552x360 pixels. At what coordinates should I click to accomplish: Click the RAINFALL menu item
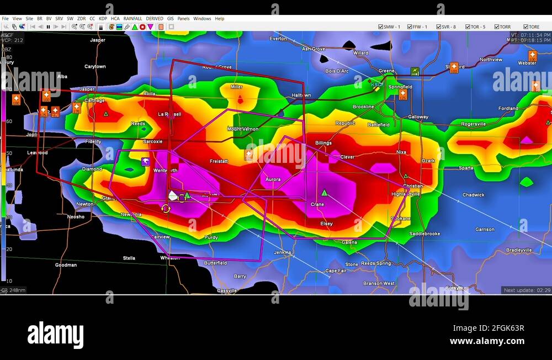pyautogui.click(x=132, y=19)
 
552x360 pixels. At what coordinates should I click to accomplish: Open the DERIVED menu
pyautogui.click(x=155, y=19)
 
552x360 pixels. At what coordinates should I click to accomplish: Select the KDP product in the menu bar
pyautogui.click(x=103, y=19)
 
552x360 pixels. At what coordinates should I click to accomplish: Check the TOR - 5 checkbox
pyautogui.click(x=468, y=27)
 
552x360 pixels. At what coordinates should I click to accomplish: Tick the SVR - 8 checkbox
pyautogui.click(x=439, y=27)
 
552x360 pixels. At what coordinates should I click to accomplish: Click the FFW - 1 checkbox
pyautogui.click(x=410, y=27)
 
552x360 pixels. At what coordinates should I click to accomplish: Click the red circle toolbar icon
pyautogui.click(x=142, y=27)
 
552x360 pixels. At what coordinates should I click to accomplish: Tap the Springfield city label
pyautogui.click(x=400, y=87)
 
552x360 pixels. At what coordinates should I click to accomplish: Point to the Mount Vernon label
pyautogui.click(x=243, y=129)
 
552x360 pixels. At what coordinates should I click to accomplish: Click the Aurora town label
pyautogui.click(x=273, y=179)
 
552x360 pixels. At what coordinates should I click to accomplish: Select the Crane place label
pyautogui.click(x=317, y=204)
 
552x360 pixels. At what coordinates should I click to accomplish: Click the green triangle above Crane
pyautogui.click(x=325, y=193)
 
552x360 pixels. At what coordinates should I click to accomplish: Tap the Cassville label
pyautogui.click(x=227, y=290)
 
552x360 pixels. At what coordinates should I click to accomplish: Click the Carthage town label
pyautogui.click(x=94, y=101)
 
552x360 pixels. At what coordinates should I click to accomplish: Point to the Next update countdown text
pyautogui.click(x=527, y=290)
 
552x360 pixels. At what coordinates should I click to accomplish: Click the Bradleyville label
pyautogui.click(x=519, y=250)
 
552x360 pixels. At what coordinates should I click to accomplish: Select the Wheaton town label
pyautogui.click(x=170, y=258)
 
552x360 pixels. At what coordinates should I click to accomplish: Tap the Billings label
pyautogui.click(x=323, y=143)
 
